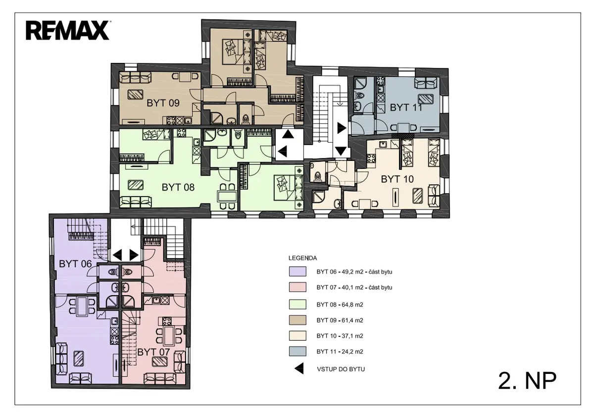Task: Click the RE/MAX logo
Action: coord(68,31)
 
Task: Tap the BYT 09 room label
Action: coord(163,103)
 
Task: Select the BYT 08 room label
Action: coord(178,187)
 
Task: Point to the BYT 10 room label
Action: coord(397,179)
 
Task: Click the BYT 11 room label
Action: coord(406,107)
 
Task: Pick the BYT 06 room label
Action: coord(75,264)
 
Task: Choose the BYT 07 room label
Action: coord(153,352)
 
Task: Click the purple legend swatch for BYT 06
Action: coord(297,271)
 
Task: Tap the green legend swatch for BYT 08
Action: coord(297,305)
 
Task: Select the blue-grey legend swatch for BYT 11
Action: coord(297,351)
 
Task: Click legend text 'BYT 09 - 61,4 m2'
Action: coord(340,320)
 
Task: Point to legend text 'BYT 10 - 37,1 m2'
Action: coord(340,336)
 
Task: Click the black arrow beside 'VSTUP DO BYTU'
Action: coord(299,368)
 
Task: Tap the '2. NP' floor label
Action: coord(527,381)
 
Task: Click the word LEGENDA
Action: coord(302,258)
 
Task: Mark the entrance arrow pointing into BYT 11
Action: coord(342,128)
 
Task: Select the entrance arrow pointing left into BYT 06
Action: coord(117,255)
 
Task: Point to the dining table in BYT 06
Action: coord(82,307)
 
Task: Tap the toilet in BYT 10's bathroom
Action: coord(317,176)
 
